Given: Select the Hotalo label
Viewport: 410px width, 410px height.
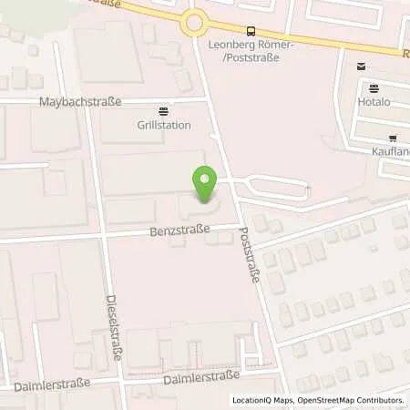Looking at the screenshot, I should (x=382, y=102).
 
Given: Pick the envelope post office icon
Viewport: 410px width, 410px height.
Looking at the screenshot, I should (x=362, y=66).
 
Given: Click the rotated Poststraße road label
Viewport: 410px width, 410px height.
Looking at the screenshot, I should (x=249, y=254).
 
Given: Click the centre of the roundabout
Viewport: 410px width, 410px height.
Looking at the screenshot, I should (x=194, y=23).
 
